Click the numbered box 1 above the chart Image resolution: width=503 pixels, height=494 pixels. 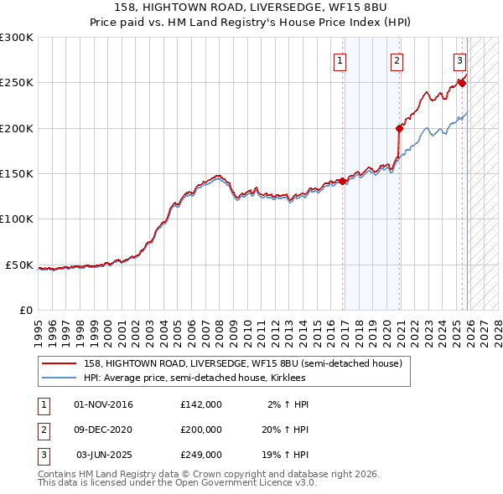(x=340, y=60)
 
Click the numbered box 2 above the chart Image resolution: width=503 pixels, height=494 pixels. (x=396, y=60)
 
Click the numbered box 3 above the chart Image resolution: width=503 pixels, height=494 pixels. (x=460, y=60)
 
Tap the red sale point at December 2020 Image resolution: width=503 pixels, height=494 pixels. (x=399, y=128)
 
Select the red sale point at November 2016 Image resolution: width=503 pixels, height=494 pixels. (x=343, y=181)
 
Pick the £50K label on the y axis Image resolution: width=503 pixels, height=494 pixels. (x=20, y=265)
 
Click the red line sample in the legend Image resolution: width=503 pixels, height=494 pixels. (x=60, y=363)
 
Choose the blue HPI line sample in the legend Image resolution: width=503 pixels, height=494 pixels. (x=60, y=378)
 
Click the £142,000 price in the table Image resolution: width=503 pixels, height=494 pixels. (x=200, y=404)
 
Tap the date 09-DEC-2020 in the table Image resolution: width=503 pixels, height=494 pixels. (x=103, y=430)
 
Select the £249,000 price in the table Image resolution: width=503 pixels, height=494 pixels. (x=200, y=455)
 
